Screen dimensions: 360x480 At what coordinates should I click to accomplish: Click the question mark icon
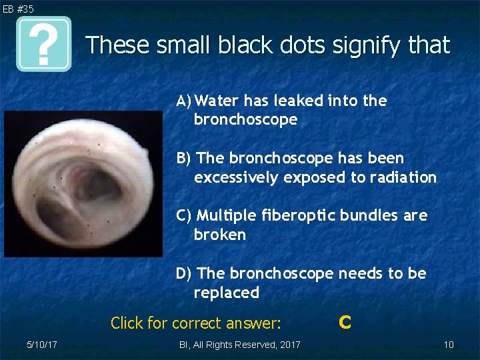point(44,45)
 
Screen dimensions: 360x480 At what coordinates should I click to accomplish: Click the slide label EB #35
point(18,9)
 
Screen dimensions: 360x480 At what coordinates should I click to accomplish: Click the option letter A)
point(185,101)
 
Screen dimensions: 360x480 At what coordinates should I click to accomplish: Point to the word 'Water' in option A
point(218,101)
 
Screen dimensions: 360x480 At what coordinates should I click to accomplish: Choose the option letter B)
point(184,158)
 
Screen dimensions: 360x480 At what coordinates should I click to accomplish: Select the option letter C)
point(185,215)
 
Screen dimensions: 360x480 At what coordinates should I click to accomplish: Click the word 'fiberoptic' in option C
point(291,216)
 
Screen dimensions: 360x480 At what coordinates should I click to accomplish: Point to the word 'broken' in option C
point(219,235)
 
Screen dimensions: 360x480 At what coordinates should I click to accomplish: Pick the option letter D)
point(185,273)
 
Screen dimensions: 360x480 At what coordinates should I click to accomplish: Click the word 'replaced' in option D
point(226,293)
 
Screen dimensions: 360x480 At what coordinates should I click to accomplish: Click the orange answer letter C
point(345,323)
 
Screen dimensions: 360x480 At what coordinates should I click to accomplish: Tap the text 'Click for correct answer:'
point(196,323)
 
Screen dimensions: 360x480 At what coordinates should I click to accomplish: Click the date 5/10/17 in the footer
point(41,345)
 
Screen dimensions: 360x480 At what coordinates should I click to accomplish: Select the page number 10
point(449,345)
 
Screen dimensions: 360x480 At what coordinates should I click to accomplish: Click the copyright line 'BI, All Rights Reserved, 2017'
point(240,345)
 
